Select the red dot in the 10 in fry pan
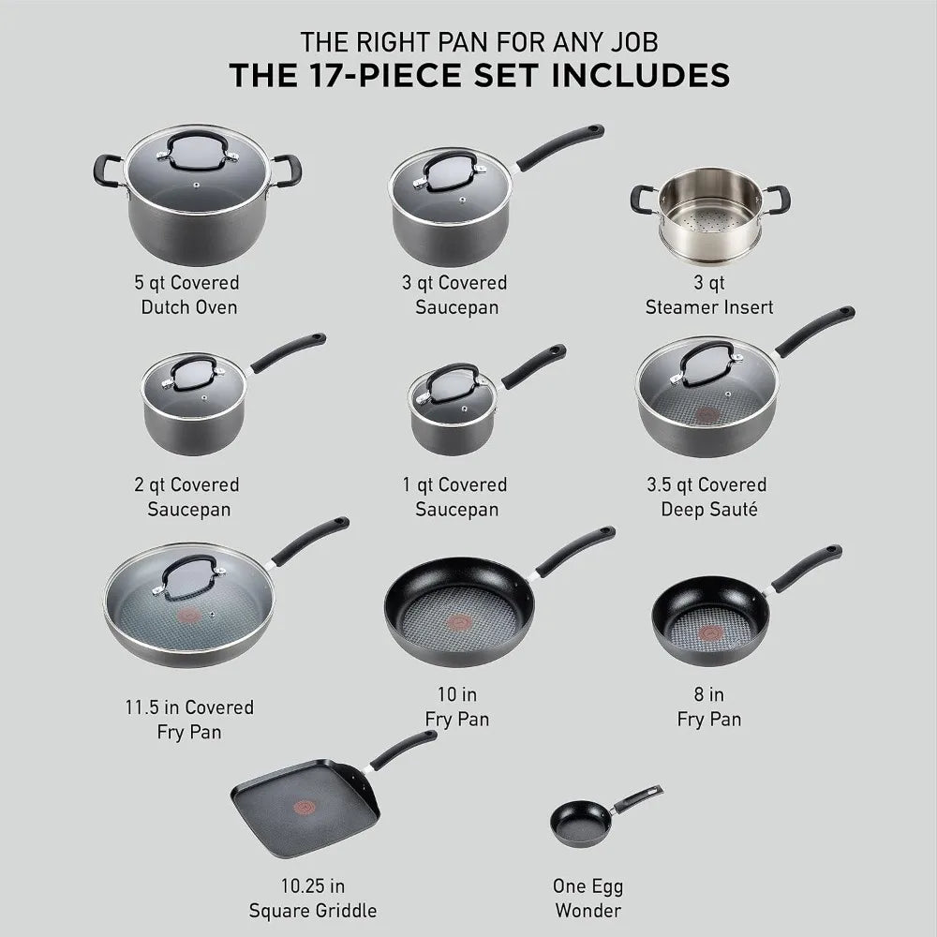click(459, 621)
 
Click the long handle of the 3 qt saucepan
click(559, 146)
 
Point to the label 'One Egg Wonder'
click(587, 898)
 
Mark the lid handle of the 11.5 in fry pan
click(191, 573)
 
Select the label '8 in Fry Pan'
click(708, 707)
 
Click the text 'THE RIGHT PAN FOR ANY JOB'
click(478, 41)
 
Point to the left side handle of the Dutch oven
click(106, 170)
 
